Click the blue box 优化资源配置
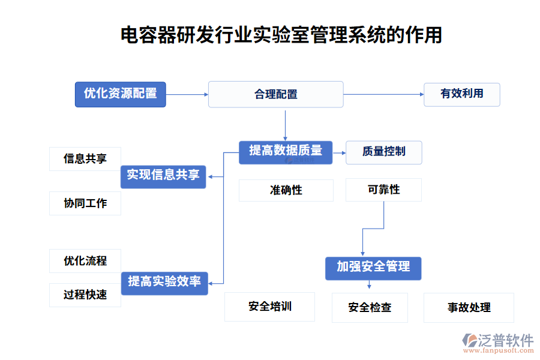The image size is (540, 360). tap(120, 94)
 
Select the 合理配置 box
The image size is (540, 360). tap(275, 94)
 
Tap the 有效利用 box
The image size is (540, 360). tap(461, 94)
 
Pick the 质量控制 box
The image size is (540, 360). tap(383, 152)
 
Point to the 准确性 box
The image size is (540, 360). tap(286, 190)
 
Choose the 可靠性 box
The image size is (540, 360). tap(383, 190)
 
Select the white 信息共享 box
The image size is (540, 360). tap(85, 159)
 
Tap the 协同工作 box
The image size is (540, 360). tap(85, 203)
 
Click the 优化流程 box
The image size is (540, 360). tap(85, 261)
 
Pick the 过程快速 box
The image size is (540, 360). tap(85, 295)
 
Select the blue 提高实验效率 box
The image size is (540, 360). tap(164, 282)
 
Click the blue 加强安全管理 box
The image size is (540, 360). tap(373, 268)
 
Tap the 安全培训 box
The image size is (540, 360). tap(269, 307)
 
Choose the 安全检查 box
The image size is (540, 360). tap(370, 308)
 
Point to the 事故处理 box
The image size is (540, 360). tap(469, 308)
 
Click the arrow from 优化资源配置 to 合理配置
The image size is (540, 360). tap(187, 94)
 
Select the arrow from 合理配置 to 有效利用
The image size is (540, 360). tap(383, 94)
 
